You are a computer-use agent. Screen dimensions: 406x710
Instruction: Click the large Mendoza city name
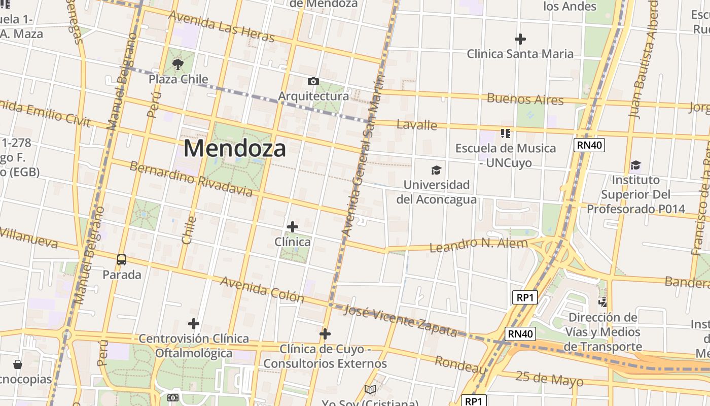pyautogui.click(x=235, y=148)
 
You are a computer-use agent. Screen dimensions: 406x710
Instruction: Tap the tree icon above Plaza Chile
pyautogui.click(x=177, y=64)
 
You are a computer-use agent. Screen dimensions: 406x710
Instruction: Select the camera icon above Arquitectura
pyautogui.click(x=313, y=81)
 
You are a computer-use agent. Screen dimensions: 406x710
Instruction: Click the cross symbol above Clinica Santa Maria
pyautogui.click(x=520, y=39)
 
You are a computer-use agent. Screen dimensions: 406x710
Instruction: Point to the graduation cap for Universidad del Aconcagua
pyautogui.click(x=436, y=170)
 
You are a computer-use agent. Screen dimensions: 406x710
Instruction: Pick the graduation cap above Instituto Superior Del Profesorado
pyautogui.click(x=635, y=165)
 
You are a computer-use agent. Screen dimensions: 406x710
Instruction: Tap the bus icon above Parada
pyautogui.click(x=122, y=260)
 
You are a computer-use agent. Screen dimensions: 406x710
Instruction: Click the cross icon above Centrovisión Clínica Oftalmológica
pyautogui.click(x=193, y=324)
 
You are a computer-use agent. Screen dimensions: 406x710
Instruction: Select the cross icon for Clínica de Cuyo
pyautogui.click(x=325, y=334)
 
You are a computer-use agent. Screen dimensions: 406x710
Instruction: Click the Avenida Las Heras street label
pyautogui.click(x=221, y=26)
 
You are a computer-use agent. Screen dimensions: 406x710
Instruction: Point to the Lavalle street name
pyautogui.click(x=417, y=125)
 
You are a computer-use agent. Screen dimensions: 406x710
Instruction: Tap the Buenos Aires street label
pyautogui.click(x=525, y=99)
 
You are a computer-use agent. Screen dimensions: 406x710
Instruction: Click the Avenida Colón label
pyautogui.click(x=262, y=289)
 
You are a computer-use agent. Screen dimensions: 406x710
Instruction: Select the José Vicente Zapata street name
pyautogui.click(x=401, y=320)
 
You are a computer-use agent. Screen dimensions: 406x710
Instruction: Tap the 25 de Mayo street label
pyautogui.click(x=549, y=379)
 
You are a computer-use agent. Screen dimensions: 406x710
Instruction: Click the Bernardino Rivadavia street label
pyautogui.click(x=191, y=179)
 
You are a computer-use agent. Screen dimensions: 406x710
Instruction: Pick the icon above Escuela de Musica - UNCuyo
pyautogui.click(x=505, y=133)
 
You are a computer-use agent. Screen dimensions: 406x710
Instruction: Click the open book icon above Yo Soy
pyautogui.click(x=370, y=390)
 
